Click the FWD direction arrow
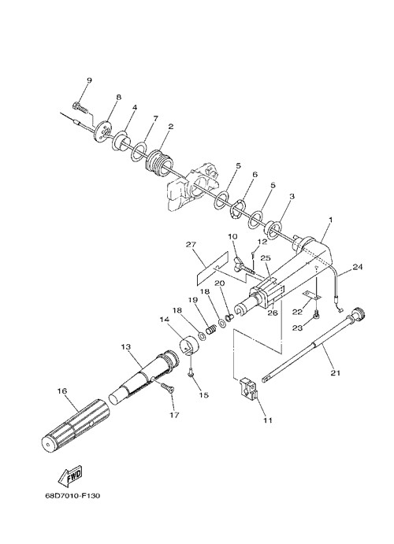click(70, 476)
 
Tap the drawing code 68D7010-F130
click(72, 496)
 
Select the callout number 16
click(62, 391)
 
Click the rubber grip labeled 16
click(76, 426)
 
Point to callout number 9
click(89, 80)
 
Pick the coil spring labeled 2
click(159, 164)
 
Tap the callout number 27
click(191, 245)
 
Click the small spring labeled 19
click(210, 328)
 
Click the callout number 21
click(336, 373)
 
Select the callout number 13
click(126, 346)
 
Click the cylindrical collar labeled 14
click(190, 345)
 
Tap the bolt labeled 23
click(316, 314)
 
